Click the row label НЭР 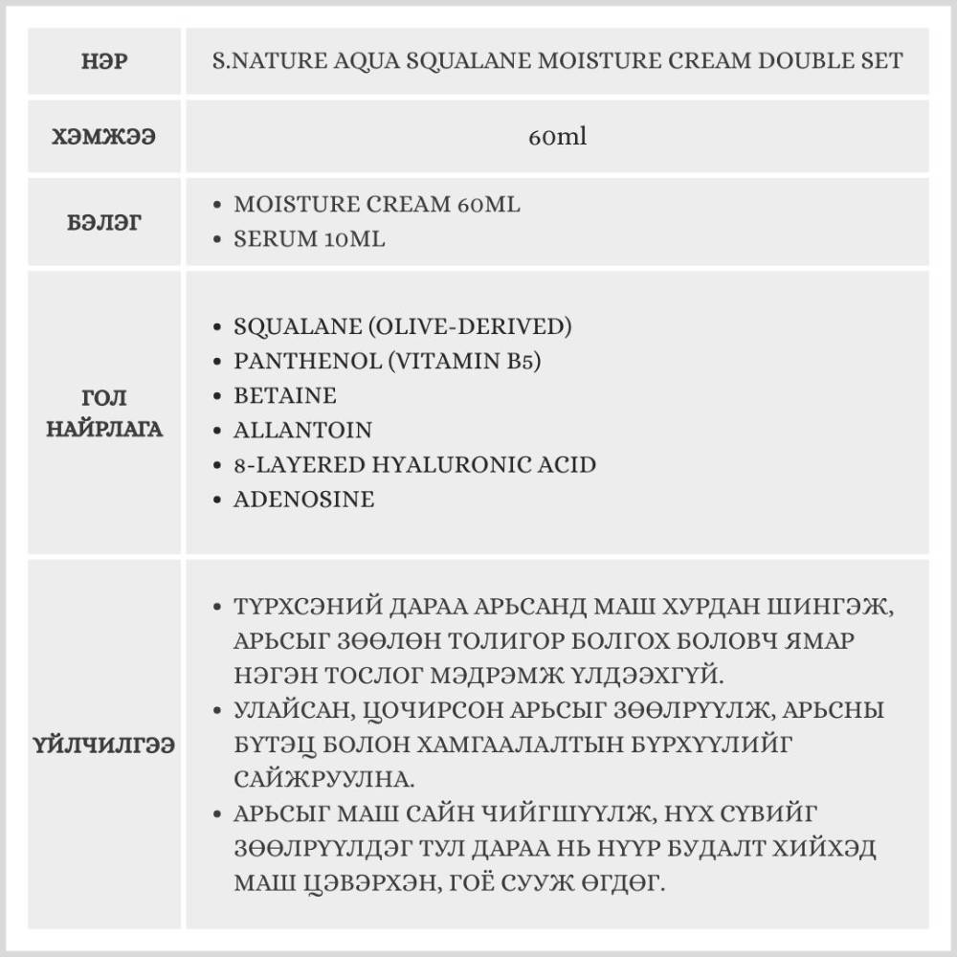tap(105, 61)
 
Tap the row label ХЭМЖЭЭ tap(105, 136)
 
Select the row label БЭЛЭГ tap(105, 222)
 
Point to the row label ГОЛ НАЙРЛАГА tap(105, 413)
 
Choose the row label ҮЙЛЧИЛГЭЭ tap(105, 744)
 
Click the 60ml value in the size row tap(557, 136)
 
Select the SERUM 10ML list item tap(309, 239)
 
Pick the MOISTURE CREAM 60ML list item tap(377, 205)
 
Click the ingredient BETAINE tap(285, 395)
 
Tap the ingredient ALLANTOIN tap(302, 430)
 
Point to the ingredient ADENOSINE tap(303, 499)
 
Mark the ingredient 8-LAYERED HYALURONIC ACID tap(414, 464)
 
